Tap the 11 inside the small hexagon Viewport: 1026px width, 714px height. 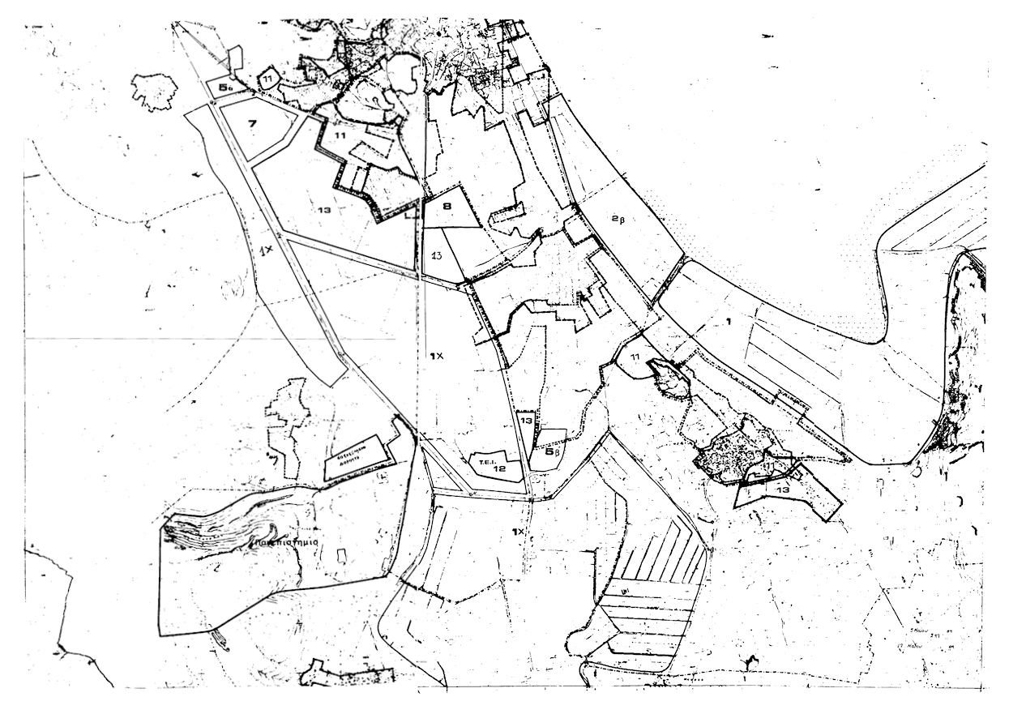coord(268,78)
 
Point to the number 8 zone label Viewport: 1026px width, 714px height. coord(446,207)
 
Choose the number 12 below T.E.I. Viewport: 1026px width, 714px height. coord(500,468)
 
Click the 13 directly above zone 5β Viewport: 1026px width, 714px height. coord(526,421)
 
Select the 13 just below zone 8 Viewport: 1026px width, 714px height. coord(435,256)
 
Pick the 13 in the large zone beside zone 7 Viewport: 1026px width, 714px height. coord(324,210)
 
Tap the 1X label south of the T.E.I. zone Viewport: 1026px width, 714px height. coord(518,532)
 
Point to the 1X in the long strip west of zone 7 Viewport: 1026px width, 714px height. coord(267,251)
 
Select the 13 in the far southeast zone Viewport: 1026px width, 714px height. coord(783,490)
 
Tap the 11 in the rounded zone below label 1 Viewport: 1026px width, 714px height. coord(635,357)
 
